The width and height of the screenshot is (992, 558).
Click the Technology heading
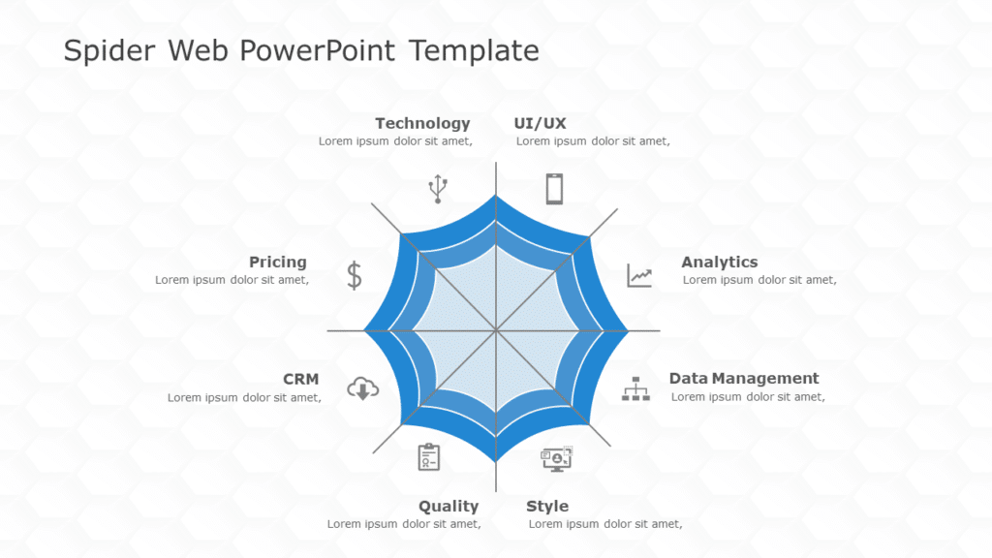point(422,123)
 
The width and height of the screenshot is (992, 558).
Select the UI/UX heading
point(540,123)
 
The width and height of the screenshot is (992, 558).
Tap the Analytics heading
point(719,262)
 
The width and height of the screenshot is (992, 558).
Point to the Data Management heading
point(743,378)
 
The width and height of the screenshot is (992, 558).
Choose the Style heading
point(547,506)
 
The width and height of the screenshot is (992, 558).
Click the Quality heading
point(449,506)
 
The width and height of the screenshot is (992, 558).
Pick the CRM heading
point(300,379)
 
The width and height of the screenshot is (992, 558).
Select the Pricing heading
point(278,262)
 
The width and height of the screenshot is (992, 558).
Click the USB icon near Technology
point(438,189)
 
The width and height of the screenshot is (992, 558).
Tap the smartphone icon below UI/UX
point(554,188)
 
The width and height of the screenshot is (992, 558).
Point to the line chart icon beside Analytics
point(639,275)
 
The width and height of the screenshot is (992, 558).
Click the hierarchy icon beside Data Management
point(635,389)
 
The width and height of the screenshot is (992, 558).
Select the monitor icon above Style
point(556,458)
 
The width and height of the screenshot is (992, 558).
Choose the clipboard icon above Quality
point(429,457)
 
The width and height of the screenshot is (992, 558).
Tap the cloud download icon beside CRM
point(362,388)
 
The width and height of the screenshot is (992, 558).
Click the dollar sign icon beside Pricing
point(355,276)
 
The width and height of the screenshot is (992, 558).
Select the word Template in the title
point(474,50)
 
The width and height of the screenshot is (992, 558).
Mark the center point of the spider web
point(496,330)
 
